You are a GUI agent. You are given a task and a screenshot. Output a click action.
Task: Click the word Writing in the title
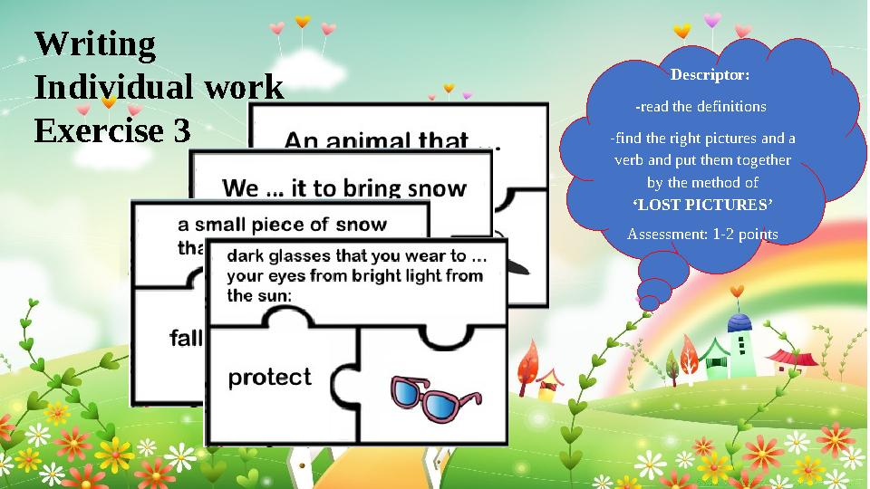coord(95,43)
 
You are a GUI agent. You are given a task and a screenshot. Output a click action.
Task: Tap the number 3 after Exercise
coord(181,132)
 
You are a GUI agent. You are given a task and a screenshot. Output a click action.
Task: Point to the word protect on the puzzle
coord(269,377)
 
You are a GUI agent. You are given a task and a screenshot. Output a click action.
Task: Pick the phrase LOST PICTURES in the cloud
coord(701,206)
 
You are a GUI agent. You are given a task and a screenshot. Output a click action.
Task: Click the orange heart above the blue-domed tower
coord(737,291)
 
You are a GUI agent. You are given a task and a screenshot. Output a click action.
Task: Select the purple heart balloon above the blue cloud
coord(712,19)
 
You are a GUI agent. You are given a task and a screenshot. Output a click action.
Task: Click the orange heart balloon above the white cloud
coord(302,20)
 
